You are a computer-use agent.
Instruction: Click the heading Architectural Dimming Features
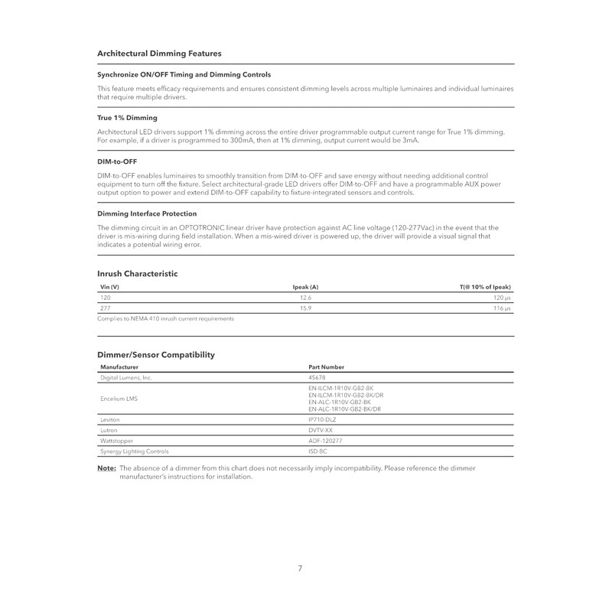(x=159, y=54)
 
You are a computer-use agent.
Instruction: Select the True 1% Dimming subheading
(x=127, y=118)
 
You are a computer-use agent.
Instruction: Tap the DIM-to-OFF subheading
(x=117, y=161)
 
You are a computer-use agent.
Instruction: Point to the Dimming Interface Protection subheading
(x=147, y=213)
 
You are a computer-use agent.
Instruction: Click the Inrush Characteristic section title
(x=138, y=273)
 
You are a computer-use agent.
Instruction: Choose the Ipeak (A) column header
(x=305, y=286)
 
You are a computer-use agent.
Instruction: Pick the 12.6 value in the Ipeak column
(x=305, y=297)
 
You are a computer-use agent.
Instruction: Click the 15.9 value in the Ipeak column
(x=305, y=308)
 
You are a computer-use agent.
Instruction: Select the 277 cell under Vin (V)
(x=106, y=308)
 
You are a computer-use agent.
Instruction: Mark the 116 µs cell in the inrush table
(x=502, y=308)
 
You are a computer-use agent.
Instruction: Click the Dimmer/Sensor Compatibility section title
(x=156, y=355)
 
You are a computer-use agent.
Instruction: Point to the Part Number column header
(x=326, y=367)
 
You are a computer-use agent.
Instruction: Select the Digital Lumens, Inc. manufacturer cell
(x=126, y=378)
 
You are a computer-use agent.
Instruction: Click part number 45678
(x=317, y=378)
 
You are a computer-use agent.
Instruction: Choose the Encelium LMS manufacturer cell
(x=119, y=399)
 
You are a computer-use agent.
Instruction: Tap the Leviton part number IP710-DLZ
(x=322, y=420)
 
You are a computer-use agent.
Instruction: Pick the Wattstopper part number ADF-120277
(x=325, y=441)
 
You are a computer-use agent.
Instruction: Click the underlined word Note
(x=106, y=467)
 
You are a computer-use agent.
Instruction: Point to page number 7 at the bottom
(x=300, y=568)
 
